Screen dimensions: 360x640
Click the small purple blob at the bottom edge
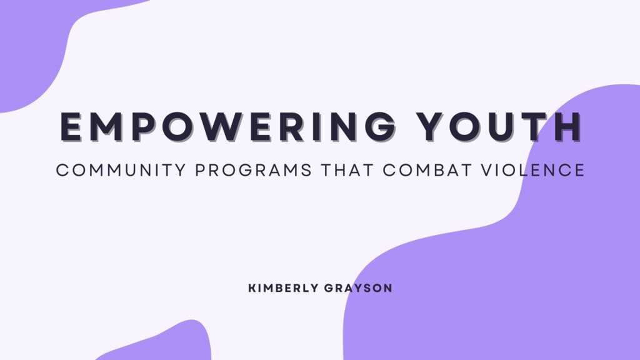click(x=169, y=344)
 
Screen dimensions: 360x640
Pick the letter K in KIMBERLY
click(x=251, y=289)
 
